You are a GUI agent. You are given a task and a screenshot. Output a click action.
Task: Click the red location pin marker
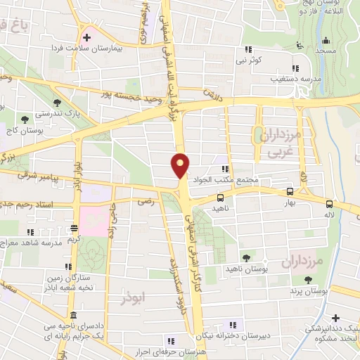[181, 165]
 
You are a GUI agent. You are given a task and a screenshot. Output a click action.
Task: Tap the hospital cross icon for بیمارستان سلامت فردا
[86, 37]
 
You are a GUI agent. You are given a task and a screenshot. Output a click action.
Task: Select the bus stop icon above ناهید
[221, 198]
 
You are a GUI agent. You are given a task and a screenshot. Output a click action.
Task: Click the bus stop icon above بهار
[290, 191]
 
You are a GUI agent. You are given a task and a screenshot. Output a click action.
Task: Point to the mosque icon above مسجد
[299, 44]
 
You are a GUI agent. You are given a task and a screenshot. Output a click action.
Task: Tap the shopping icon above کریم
[73, 229]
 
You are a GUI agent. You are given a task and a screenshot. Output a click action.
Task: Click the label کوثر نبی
[250, 60]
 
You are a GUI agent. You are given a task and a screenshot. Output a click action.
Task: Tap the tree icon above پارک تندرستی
[56, 103]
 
